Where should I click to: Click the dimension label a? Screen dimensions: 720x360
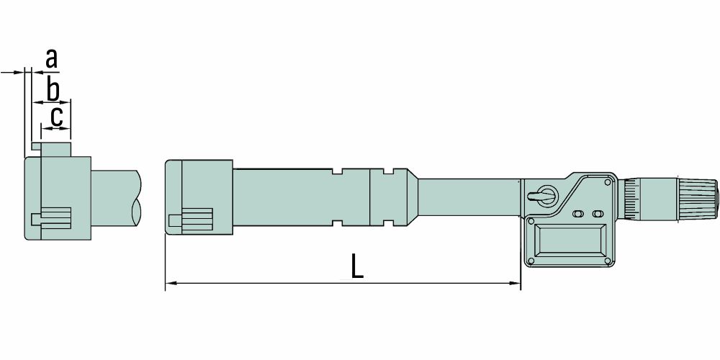point(52,59)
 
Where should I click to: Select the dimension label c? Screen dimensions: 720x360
point(56,117)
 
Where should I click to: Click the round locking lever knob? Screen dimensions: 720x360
point(546,195)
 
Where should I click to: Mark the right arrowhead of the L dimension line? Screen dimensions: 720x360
point(516,283)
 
